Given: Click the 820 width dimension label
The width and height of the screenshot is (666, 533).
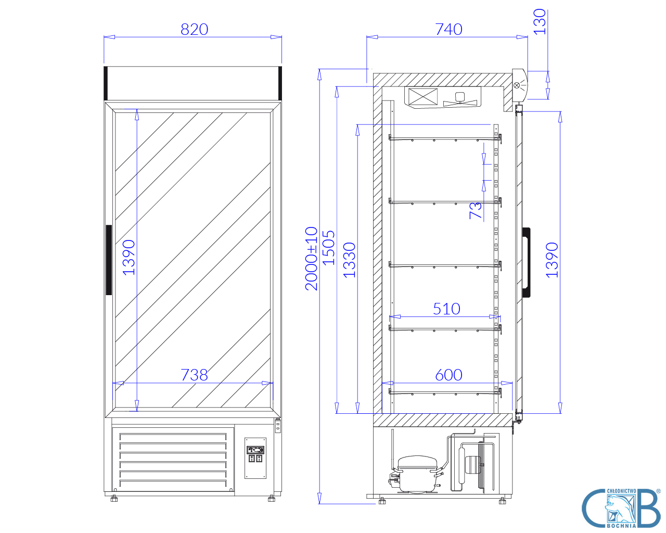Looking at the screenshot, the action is pyautogui.click(x=194, y=30).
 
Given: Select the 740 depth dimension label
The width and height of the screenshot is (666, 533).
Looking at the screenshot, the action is pyautogui.click(x=449, y=30).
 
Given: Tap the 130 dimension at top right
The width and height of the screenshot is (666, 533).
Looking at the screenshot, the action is pyautogui.click(x=540, y=21).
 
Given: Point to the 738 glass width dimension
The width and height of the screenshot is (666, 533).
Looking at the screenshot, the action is pyautogui.click(x=194, y=375).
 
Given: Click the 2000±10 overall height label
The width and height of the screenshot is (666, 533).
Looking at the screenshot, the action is pyautogui.click(x=311, y=259).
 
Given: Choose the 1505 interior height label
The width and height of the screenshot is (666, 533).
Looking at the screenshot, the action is pyautogui.click(x=329, y=248).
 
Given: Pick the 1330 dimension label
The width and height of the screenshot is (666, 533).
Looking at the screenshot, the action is pyautogui.click(x=350, y=260).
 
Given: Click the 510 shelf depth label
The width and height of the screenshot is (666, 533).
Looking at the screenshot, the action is pyautogui.click(x=446, y=309).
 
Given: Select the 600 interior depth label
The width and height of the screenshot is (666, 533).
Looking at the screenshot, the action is pyautogui.click(x=449, y=375).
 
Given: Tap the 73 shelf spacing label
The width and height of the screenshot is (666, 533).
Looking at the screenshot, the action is pyautogui.click(x=476, y=211).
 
